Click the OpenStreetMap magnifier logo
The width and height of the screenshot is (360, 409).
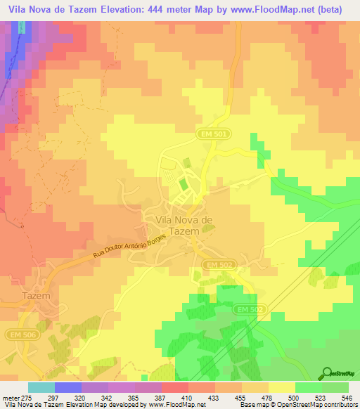click(x=326, y=374)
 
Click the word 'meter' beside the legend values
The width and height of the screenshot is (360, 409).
click(x=11, y=397)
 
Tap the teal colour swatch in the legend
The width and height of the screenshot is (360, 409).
click(x=41, y=387)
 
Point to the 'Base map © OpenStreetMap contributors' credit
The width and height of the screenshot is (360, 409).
click(x=297, y=405)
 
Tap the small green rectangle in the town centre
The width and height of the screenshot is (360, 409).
click(x=183, y=186)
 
